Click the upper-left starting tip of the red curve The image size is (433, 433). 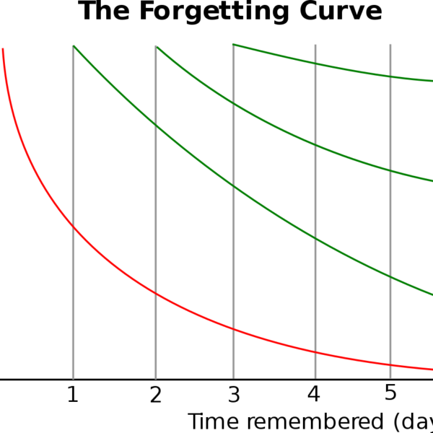tap(3, 49)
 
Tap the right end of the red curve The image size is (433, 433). tap(432, 369)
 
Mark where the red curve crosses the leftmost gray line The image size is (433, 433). tap(73, 227)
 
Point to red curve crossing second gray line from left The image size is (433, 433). tap(156, 293)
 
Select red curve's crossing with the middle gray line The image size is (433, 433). tap(233, 329)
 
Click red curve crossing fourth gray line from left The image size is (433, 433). tap(315, 352)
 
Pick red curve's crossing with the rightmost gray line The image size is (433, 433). tap(390, 364)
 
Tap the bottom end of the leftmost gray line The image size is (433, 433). tap(73, 377)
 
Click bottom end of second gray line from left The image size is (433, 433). tap(156, 377)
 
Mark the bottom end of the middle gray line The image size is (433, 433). tap(233, 377)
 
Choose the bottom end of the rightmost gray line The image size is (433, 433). tap(390, 377)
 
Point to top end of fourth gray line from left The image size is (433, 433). tap(315, 45)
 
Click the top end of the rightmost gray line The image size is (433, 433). tap(390, 45)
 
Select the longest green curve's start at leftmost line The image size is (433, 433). tap(73, 45)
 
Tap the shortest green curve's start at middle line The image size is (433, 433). tap(233, 45)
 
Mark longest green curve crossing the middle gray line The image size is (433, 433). tap(233, 186)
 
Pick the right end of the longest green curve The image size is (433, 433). tap(432, 294)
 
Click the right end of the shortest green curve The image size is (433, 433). tap(432, 81)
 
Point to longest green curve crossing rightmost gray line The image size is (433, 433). tap(390, 276)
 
